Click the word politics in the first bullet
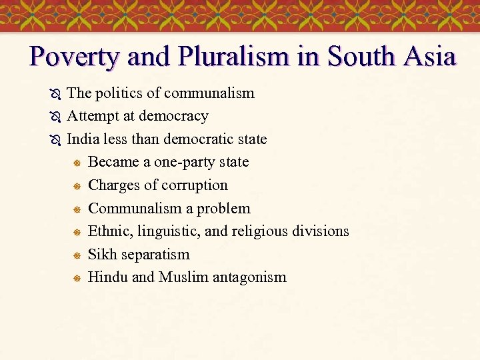click(120, 93)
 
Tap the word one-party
click(186, 162)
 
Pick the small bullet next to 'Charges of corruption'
click(77, 186)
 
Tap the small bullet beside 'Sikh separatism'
click(77, 255)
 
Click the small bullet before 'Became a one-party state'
click(77, 163)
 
